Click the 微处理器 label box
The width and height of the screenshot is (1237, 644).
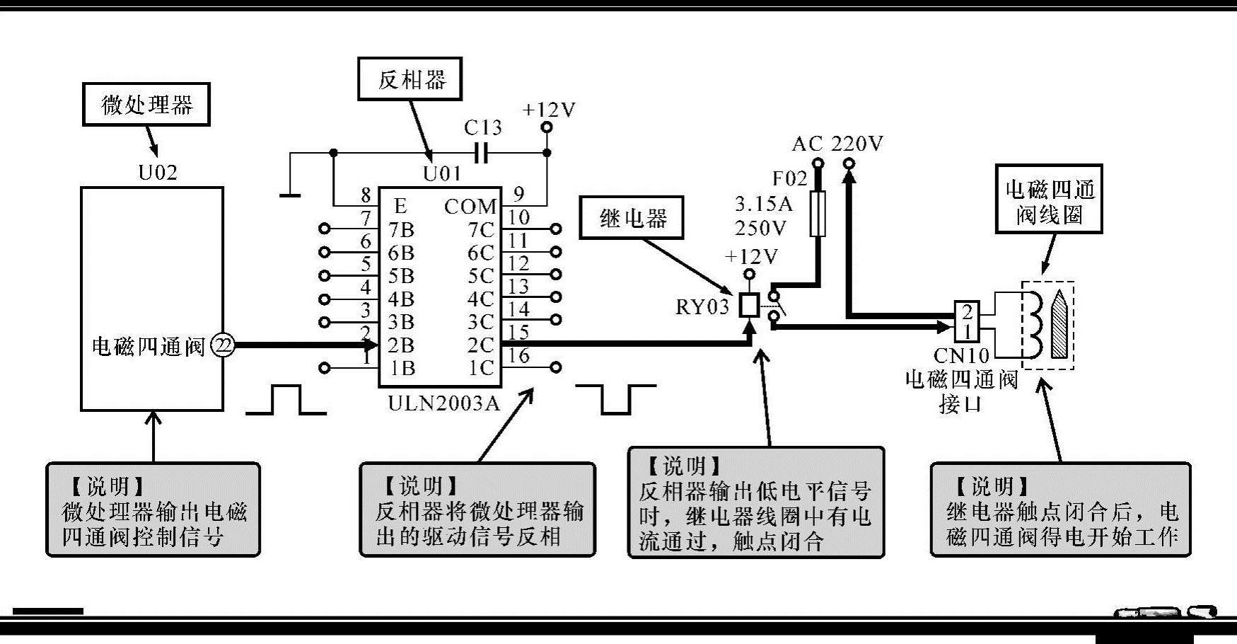pos(146,105)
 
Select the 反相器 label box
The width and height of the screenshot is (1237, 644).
pos(410,79)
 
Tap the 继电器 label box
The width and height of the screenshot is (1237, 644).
pos(632,218)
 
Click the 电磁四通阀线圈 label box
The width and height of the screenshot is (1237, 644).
pos(1049,200)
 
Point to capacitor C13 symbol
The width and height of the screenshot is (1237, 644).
pos(482,152)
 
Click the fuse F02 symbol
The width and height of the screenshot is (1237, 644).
pos(818,213)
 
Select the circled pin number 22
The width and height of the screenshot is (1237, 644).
pos(223,345)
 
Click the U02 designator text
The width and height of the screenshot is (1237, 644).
pos(157,173)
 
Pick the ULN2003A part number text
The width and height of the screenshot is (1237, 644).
pos(443,403)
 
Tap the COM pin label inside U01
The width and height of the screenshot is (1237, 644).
pos(470,207)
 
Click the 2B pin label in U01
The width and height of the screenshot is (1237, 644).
pos(401,345)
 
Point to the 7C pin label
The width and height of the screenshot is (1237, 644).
pos(480,230)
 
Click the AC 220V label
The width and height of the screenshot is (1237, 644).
pos(837,144)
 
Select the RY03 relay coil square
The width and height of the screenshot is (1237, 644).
pos(749,305)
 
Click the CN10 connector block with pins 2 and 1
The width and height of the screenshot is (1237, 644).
pos(967,321)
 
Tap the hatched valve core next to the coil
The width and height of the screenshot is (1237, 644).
pos(1059,325)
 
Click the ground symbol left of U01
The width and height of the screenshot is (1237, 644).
pos(290,193)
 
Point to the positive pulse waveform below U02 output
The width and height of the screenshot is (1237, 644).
pos(286,400)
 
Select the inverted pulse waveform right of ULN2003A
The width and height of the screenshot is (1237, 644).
pos(615,400)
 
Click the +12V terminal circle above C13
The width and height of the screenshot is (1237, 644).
pos(547,128)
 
